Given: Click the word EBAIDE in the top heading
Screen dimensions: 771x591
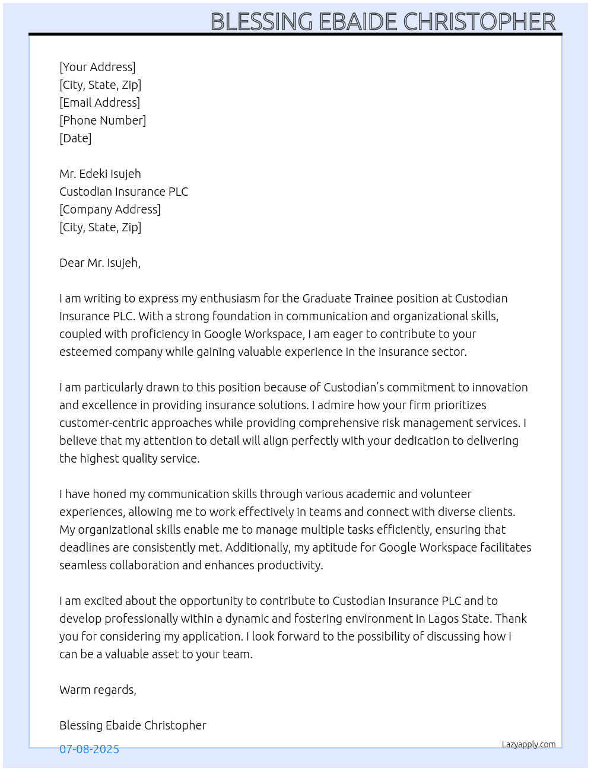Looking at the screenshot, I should point(358,22).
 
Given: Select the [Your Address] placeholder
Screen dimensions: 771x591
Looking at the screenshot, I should point(97,67).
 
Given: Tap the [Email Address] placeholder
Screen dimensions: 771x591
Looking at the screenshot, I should point(100,103).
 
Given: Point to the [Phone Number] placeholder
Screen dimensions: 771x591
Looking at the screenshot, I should point(103,120).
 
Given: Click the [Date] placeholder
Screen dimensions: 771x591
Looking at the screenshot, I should point(75,138).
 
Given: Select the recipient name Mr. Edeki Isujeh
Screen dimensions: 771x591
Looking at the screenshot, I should point(100,174).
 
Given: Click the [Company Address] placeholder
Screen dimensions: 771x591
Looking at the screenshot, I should point(110,209).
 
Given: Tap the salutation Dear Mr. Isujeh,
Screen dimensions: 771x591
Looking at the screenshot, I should point(100,263).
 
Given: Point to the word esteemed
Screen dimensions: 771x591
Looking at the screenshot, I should point(85,352).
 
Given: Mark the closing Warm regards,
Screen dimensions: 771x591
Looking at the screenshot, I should point(98,690).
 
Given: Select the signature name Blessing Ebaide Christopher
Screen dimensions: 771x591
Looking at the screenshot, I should point(133,725).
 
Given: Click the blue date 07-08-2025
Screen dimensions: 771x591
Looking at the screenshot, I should point(89,749).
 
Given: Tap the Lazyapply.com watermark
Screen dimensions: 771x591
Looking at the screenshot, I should point(529,744).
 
